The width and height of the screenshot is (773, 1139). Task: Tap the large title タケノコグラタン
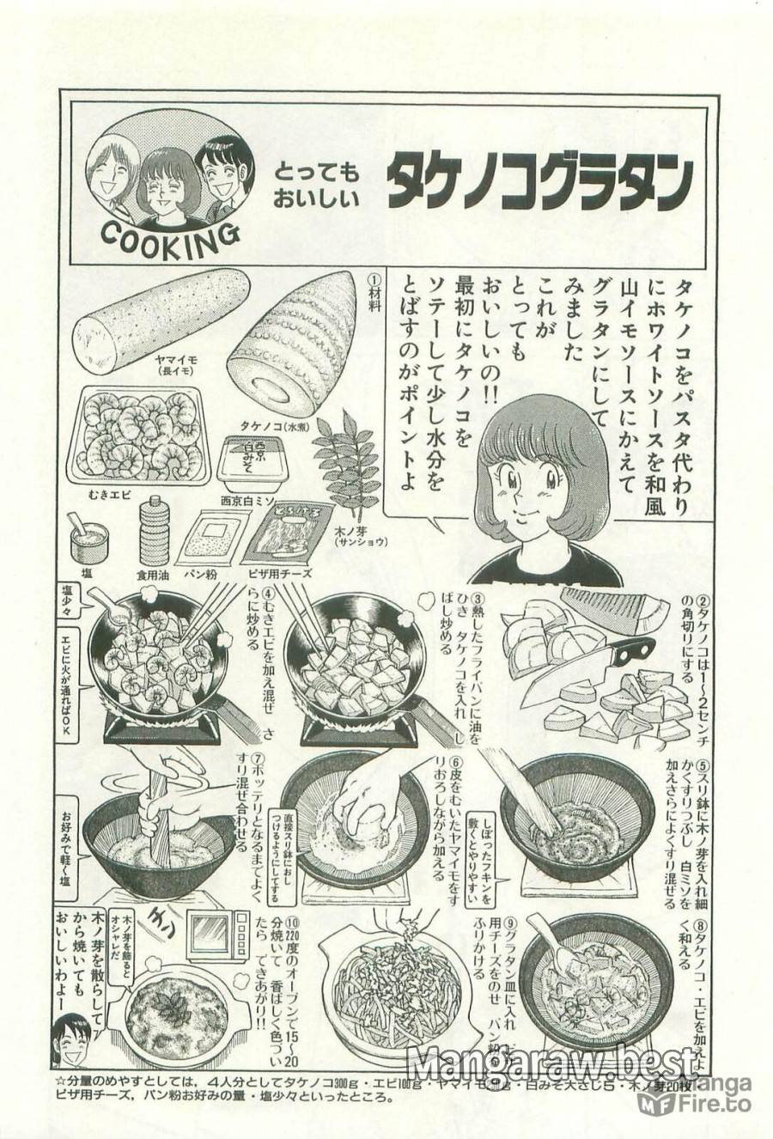point(539,183)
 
